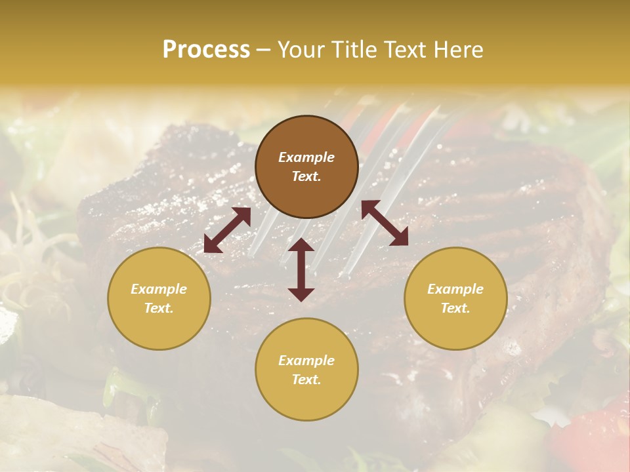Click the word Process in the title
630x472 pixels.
coord(206,50)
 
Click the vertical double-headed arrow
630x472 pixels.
coord(301,269)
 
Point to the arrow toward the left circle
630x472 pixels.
coord(227,230)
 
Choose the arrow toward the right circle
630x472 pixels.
coord(385,223)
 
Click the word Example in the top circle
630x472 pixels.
coord(306,157)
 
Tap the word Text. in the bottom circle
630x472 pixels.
coord(306,380)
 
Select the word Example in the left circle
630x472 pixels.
coord(159,289)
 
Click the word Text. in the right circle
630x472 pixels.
coord(455,308)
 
